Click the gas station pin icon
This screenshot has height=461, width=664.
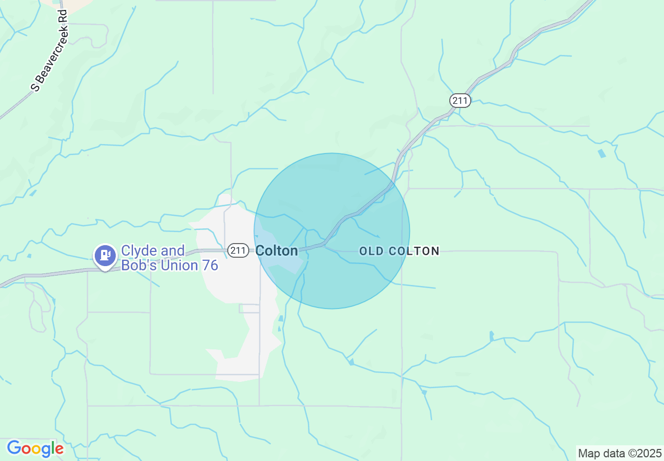click(105, 256)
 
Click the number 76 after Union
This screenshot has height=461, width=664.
click(209, 266)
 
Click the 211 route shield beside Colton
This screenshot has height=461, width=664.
click(238, 251)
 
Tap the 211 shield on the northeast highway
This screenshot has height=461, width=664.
click(460, 100)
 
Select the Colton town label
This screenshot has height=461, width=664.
click(276, 251)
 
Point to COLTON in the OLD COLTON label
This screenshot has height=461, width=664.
click(414, 251)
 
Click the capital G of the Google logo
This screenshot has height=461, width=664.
click(14, 448)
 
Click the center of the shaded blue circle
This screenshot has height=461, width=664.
click(332, 231)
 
